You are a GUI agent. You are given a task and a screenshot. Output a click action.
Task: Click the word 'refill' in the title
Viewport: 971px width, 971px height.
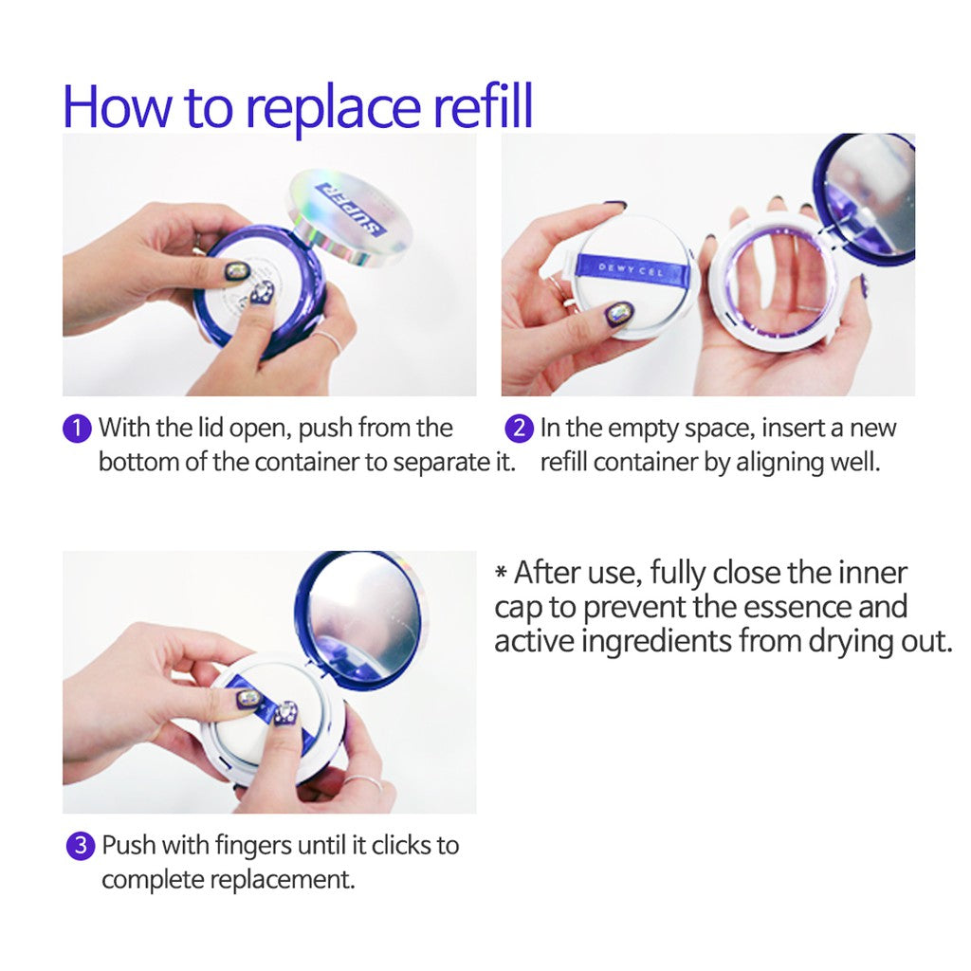[483, 106]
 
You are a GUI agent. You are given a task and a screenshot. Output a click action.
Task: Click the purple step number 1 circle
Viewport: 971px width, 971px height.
[78, 429]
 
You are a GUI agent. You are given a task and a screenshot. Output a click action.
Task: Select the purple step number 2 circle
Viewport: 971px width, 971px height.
[519, 429]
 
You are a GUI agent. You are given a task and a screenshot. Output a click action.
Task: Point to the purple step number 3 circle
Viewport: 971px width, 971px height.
[81, 846]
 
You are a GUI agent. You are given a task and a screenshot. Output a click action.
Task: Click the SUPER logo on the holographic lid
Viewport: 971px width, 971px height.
[350, 208]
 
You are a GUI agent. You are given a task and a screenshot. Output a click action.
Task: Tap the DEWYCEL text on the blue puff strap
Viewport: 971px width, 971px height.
[631, 269]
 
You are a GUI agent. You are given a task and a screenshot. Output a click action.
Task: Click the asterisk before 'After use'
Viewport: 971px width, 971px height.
[501, 570]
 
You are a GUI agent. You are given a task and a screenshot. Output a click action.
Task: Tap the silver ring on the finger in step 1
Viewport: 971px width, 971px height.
[327, 339]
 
